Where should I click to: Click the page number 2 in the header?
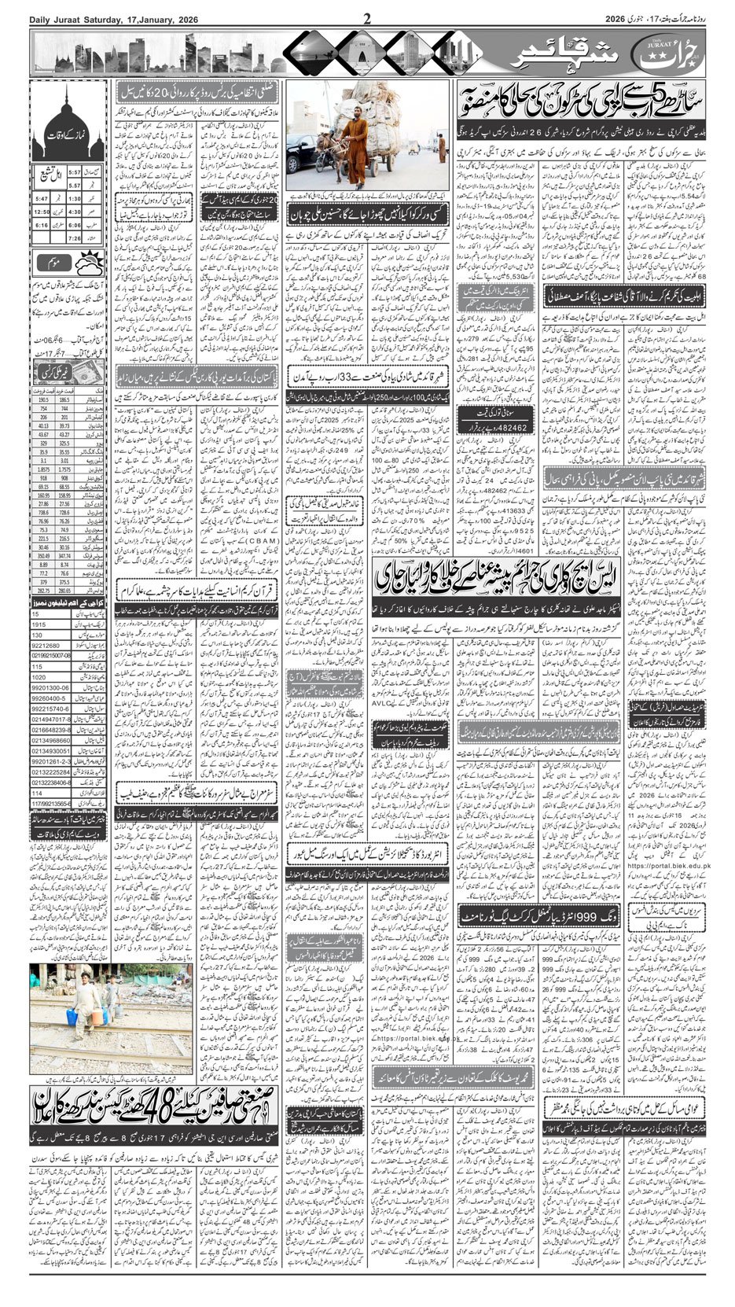tap(366, 19)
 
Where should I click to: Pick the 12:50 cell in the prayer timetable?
tap(42, 212)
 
